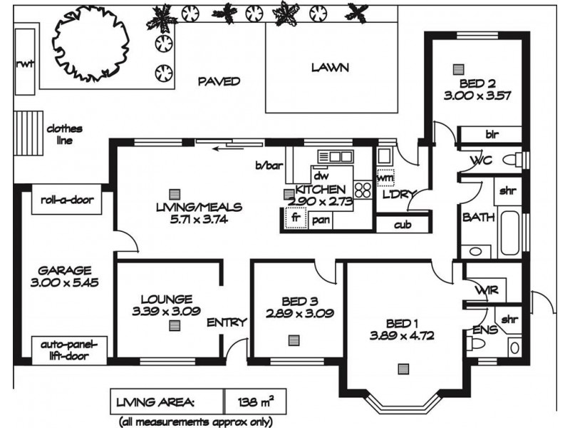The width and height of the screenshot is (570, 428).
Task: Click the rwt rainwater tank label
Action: click(25, 63)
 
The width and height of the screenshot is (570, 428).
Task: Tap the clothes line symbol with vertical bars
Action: click(28, 133)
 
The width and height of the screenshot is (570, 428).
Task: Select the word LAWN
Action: click(330, 67)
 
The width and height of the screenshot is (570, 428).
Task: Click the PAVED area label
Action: click(219, 81)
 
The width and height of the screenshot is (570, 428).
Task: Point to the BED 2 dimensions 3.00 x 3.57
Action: click(477, 96)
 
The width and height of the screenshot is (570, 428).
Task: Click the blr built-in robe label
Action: click(492, 134)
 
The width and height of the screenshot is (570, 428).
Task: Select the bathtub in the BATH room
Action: click(510, 233)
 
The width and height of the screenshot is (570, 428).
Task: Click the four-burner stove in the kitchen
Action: click(363, 190)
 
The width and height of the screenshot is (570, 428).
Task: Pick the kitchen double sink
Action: click(336, 156)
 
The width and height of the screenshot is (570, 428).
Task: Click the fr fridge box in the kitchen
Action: click(296, 218)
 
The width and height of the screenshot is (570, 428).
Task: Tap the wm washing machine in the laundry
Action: click(385, 178)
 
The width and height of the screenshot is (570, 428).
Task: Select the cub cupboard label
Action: click(403, 225)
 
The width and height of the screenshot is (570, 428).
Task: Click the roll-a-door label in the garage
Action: click(67, 200)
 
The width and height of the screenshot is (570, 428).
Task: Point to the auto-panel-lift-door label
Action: click(68, 350)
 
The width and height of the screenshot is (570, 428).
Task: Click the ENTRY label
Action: click(227, 322)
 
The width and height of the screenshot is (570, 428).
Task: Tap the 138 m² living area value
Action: click(256, 402)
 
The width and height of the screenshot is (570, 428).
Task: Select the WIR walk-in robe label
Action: click(487, 290)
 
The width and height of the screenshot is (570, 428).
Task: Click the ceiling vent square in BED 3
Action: click(294, 340)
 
